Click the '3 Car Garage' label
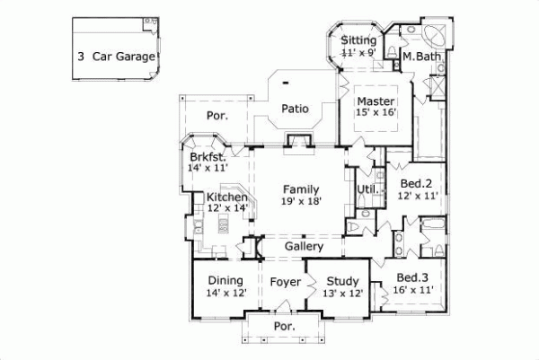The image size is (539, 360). pyautogui.click(x=117, y=56)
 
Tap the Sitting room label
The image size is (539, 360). pyautogui.click(x=358, y=40)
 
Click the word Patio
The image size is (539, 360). pyautogui.click(x=295, y=109)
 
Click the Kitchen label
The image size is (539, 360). pyautogui.click(x=227, y=197)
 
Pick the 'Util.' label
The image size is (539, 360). pyautogui.click(x=367, y=189)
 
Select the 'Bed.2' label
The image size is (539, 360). pyautogui.click(x=418, y=182)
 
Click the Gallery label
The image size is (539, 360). pyautogui.click(x=305, y=246)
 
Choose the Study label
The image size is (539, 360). pyautogui.click(x=342, y=281)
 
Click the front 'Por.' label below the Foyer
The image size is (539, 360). pyautogui.click(x=285, y=327)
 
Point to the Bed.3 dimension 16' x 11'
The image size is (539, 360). pyautogui.click(x=413, y=289)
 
